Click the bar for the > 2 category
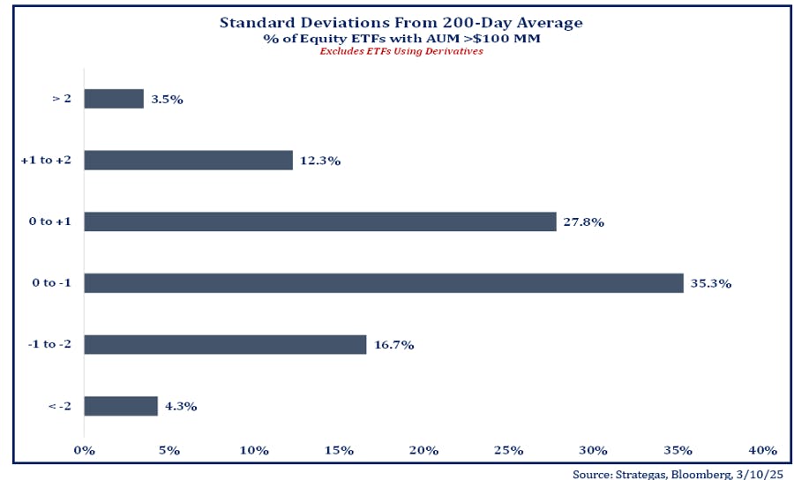[x=114, y=99]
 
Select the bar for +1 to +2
[x=188, y=160]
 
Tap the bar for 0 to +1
[x=319, y=221]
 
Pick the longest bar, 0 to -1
[x=384, y=283]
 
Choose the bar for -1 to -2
[x=225, y=344]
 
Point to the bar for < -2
[x=121, y=406]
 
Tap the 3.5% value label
[x=167, y=100]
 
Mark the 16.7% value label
[x=395, y=345]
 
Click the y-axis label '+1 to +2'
[x=45, y=161]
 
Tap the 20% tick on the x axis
[x=423, y=451]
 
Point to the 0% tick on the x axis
[x=84, y=451]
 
